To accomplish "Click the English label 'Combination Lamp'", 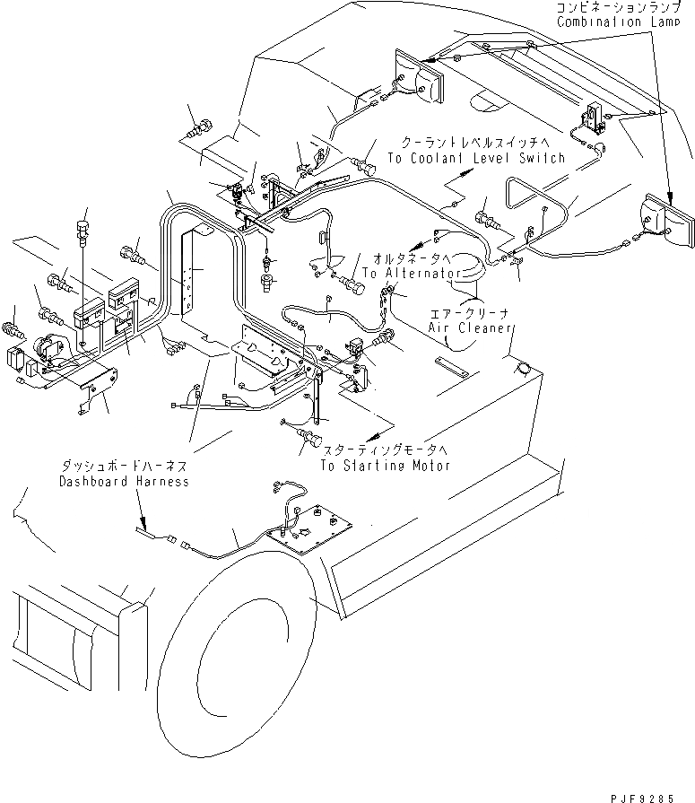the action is [x=618, y=22].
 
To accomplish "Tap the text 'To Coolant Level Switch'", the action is [x=476, y=158].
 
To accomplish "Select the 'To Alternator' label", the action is [x=412, y=273].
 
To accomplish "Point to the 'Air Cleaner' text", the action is [x=470, y=327].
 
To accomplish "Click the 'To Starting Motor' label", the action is [x=386, y=466].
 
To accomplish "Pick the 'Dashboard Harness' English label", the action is [x=124, y=482].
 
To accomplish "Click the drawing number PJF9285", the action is [x=642, y=798].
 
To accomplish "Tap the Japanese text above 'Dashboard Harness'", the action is [x=125, y=466].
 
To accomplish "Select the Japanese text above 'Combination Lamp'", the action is [x=619, y=7].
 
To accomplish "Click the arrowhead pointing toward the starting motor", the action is [x=376, y=436].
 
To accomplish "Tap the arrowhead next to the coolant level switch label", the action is [x=464, y=173].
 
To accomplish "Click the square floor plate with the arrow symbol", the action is [x=309, y=529].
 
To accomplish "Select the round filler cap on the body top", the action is [x=523, y=368].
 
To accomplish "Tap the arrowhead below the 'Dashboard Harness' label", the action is [x=143, y=524].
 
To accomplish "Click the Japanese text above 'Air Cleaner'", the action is [x=469, y=313].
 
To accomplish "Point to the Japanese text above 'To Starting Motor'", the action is [x=386, y=450].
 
